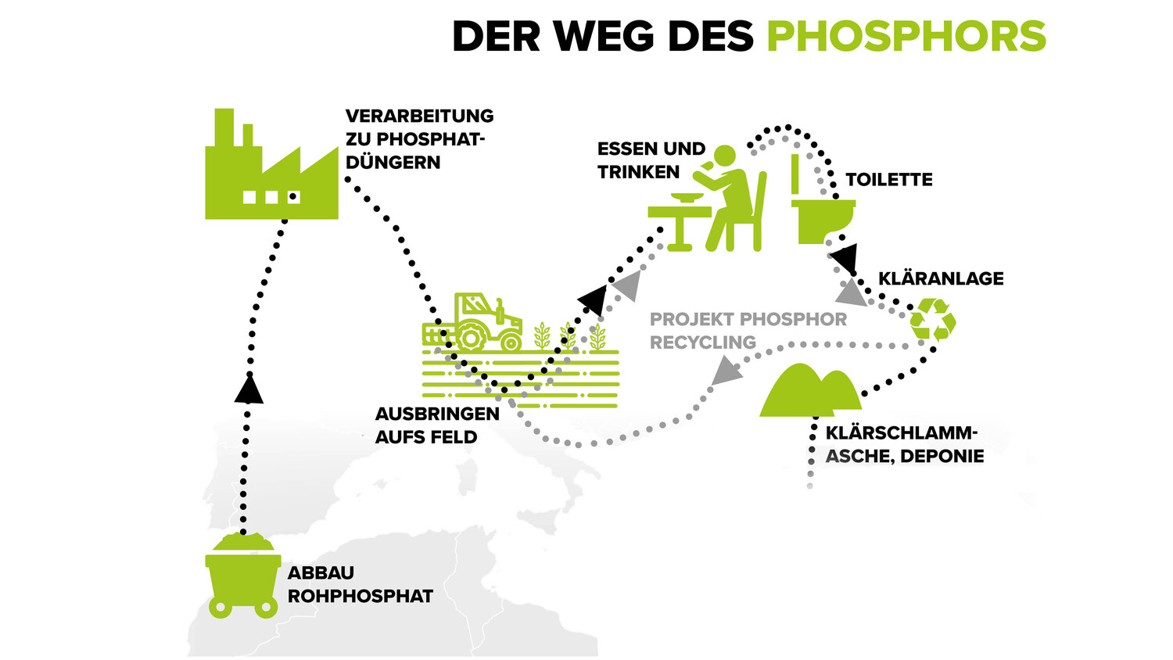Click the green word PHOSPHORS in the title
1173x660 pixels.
tap(906, 36)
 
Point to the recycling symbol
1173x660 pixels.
tap(933, 320)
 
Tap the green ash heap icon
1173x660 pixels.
tap(809, 390)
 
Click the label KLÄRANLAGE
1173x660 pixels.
tap(941, 278)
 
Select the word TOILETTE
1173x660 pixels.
tap(888, 180)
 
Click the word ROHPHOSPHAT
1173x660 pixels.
tap(360, 596)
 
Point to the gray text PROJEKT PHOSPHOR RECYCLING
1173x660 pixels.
tap(748, 330)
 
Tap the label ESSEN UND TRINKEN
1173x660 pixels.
tap(651, 160)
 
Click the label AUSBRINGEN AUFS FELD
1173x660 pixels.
tap(436, 425)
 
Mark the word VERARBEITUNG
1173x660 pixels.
tap(419, 116)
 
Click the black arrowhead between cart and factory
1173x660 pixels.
tap(249, 389)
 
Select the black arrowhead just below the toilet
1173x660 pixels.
tap(843, 256)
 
